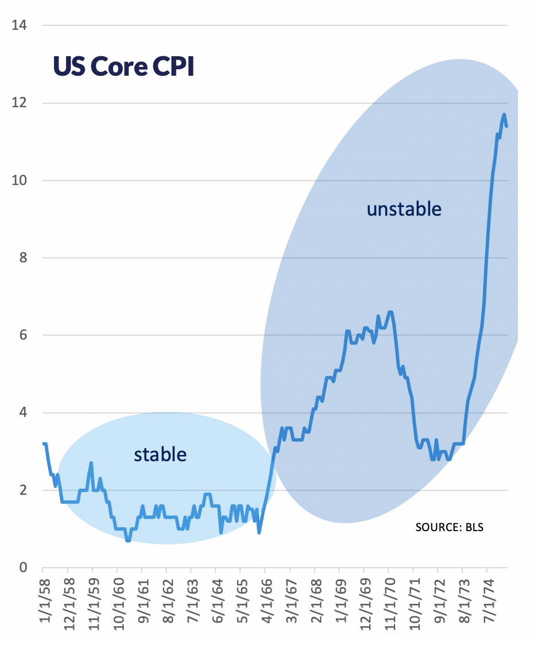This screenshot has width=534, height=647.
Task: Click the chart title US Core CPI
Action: (123, 67)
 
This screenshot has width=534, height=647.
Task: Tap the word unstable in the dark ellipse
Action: (404, 209)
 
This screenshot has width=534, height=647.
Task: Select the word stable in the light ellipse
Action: (160, 455)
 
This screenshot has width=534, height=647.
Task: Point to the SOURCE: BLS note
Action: (450, 527)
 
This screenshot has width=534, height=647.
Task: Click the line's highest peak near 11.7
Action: (504, 115)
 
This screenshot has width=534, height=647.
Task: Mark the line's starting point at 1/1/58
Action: (44, 443)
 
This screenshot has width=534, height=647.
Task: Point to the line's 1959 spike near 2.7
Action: (91, 463)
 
